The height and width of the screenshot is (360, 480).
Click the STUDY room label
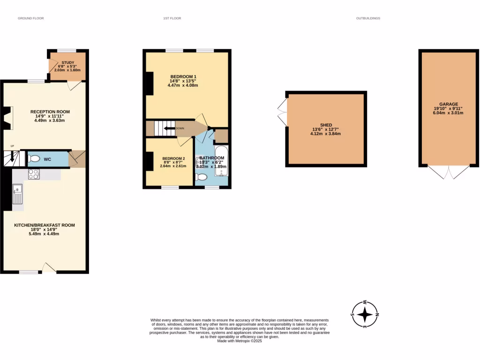coord(68,62)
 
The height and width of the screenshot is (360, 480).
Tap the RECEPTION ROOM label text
coord(50,112)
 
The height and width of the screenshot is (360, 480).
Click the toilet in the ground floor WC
coord(34,159)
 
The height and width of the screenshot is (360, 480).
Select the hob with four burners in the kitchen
coord(34,174)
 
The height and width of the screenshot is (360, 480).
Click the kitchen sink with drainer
coord(18,195)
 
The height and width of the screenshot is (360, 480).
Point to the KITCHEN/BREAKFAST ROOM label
coord(45,225)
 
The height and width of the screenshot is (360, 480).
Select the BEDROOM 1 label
coord(183,77)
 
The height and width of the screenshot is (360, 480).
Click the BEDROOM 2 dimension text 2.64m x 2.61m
coord(173,166)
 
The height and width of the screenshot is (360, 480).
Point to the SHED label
coord(326,125)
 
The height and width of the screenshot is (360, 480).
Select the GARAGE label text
coord(449,104)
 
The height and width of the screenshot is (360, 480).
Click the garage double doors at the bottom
coord(449,172)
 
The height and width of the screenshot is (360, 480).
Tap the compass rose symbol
coord(366,314)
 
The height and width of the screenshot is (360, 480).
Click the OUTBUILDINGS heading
coord(368,18)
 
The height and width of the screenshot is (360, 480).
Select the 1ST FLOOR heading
coord(172,18)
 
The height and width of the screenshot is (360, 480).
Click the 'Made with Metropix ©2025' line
coord(240,341)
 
